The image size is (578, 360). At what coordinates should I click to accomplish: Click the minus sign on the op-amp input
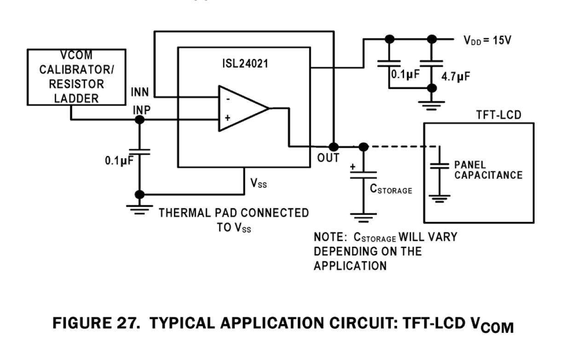pyautogui.click(x=227, y=98)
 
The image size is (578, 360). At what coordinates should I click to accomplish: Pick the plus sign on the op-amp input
pyautogui.click(x=227, y=118)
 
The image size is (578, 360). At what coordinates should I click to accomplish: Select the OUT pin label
pyautogui.click(x=328, y=158)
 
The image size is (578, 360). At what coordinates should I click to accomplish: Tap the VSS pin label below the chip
pyautogui.click(x=258, y=184)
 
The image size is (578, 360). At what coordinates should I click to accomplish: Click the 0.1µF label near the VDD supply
pyautogui.click(x=405, y=74)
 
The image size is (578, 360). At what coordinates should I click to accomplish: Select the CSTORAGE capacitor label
pyautogui.click(x=391, y=189)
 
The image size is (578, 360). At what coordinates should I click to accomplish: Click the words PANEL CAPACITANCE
pyautogui.click(x=488, y=170)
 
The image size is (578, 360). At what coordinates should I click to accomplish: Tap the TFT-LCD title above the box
pyautogui.click(x=499, y=115)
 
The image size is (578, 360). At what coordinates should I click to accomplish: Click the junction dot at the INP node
pyautogui.click(x=139, y=119)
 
